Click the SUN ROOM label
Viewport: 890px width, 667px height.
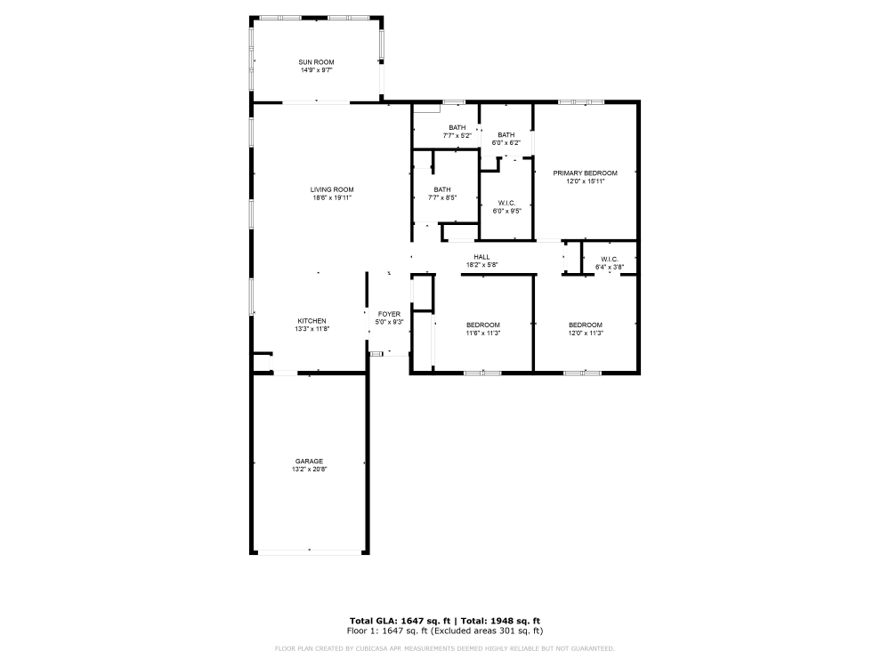[316, 61]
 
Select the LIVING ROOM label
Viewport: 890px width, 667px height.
[332, 189]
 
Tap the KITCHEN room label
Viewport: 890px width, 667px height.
[311, 321]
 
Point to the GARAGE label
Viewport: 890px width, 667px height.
[309, 461]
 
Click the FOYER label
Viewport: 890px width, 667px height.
[389, 314]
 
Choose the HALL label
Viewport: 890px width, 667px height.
[481, 257]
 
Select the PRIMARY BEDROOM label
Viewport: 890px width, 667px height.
[585, 173]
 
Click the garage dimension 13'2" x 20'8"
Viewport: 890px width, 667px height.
[309, 469]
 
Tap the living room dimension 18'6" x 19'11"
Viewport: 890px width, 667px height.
[332, 197]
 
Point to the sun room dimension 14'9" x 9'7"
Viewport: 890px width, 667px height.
[316, 69]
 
